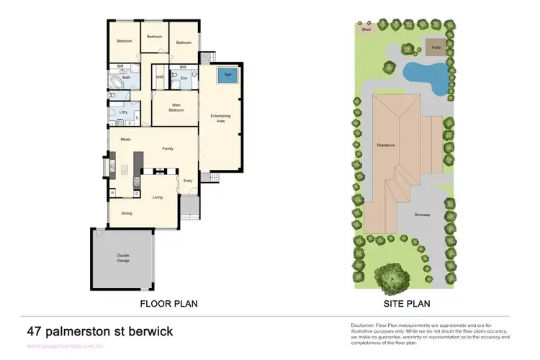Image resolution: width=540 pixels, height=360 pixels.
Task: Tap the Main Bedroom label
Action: tap(176, 108)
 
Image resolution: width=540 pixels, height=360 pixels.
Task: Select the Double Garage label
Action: tap(122, 258)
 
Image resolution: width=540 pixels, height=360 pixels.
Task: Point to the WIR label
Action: tap(160, 77)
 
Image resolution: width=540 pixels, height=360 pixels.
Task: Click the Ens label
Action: tap(184, 77)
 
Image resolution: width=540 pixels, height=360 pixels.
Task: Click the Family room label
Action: tap(168, 148)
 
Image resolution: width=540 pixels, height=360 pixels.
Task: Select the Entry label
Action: tap(188, 180)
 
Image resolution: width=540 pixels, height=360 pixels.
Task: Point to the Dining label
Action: tap(126, 213)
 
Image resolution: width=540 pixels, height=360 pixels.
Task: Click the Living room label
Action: tap(157, 196)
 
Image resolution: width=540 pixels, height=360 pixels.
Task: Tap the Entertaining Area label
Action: tap(220, 118)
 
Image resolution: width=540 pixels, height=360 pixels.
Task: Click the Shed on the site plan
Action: tap(366, 30)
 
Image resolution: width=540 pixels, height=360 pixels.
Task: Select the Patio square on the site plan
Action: tap(436, 48)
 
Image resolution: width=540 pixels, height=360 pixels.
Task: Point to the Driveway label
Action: tap(423, 214)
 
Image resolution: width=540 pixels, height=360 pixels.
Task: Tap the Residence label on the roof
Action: tap(386, 145)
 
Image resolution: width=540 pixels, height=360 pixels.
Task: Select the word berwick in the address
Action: tap(147, 332)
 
